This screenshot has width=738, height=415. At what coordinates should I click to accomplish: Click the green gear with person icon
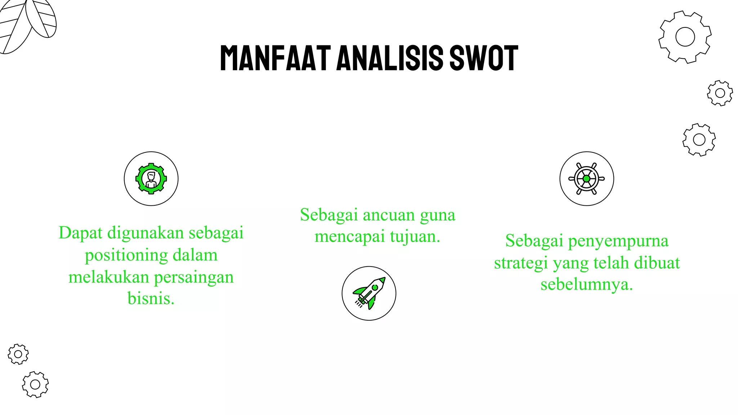point(151,179)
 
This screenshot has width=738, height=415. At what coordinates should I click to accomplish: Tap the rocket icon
point(369,293)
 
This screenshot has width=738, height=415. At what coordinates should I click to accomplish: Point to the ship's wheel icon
point(586,179)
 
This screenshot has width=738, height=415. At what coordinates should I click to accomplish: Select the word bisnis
point(151,298)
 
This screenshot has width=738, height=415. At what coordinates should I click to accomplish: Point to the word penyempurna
point(618,241)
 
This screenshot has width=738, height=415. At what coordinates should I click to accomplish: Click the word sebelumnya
point(587,284)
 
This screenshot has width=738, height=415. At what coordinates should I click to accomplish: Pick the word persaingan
point(194,277)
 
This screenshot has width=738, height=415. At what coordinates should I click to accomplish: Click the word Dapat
point(80,233)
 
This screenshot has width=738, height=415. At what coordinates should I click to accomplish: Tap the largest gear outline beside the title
point(685,37)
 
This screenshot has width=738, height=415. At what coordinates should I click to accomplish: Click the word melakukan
point(109,277)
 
